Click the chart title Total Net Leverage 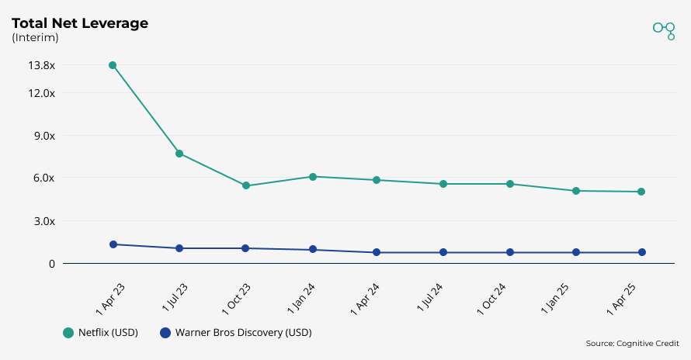coord(79,23)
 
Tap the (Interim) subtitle coord(34,38)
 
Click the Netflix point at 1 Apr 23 coord(113,65)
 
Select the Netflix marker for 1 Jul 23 coord(179,154)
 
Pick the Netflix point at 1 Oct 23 coord(246,185)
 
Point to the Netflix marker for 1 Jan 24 coord(313,177)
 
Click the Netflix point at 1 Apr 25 coord(641,192)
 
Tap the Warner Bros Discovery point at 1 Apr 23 coord(113,244)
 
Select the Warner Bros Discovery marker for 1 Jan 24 coord(313,250)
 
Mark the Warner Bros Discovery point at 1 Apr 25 coord(642,252)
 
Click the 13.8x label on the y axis coord(41,65)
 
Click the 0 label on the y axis coord(52,264)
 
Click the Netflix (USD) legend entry coord(101,333)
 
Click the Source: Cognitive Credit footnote coord(632,343)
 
